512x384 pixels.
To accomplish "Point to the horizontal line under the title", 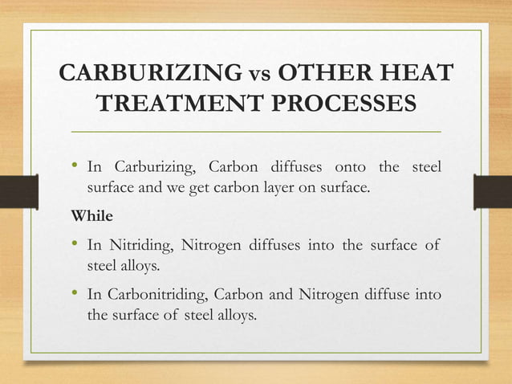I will click(256, 130).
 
